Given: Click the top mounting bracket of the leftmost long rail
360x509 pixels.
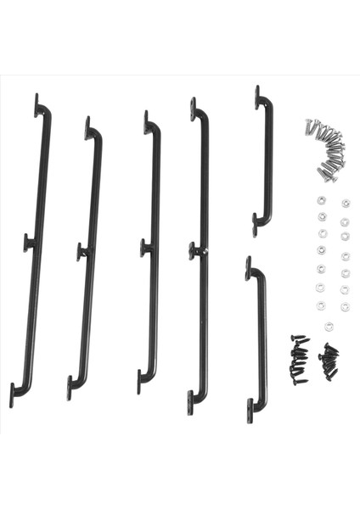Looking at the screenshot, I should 37,107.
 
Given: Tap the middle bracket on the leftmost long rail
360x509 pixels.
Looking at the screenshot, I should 29,243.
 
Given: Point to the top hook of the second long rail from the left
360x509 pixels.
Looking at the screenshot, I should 88,130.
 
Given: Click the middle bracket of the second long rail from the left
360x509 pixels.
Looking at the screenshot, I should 82,252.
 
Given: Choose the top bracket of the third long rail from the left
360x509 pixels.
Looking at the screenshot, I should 147,124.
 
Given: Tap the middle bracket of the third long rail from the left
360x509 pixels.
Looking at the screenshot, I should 145,249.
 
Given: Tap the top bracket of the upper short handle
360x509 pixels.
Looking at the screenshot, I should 258,98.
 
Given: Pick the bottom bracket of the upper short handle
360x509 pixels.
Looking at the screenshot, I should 256,226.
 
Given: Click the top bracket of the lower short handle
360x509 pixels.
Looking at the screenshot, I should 250,269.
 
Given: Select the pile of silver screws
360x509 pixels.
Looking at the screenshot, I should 327,148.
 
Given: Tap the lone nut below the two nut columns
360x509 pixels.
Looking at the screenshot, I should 329,326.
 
